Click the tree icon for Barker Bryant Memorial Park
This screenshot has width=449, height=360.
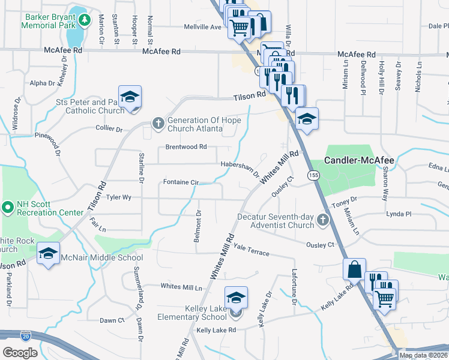[85, 20]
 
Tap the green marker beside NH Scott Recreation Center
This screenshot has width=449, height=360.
[8, 208]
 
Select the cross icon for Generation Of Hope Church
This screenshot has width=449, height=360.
[158, 124]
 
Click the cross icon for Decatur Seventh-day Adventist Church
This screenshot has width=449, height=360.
[323, 220]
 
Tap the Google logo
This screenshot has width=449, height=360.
[19, 352]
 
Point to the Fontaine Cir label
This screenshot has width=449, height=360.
[181, 182]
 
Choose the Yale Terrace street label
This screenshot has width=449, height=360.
[252, 250]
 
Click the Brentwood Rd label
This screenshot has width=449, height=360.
[185, 146]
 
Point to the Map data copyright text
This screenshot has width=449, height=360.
[424, 355]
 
